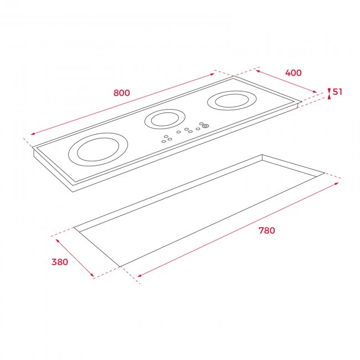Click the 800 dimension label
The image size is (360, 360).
122,92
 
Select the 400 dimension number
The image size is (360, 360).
293,73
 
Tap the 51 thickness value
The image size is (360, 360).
337,92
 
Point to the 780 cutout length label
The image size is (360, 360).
266,230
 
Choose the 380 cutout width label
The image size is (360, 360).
60,262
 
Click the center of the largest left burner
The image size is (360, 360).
98,150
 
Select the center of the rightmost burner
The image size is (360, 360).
232,101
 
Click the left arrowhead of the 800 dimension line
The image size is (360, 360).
33,133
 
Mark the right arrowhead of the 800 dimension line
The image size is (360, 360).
212,74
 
